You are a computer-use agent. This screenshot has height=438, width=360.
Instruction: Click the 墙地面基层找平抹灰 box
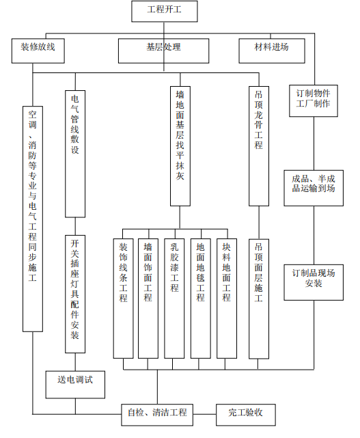pos(180,147)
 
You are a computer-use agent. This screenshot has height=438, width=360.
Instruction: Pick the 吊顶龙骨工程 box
pos(258,147)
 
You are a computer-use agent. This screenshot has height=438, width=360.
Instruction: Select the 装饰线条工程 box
pos(124,298)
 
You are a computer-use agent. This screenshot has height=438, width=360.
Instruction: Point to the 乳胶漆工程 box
pos(174,298)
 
